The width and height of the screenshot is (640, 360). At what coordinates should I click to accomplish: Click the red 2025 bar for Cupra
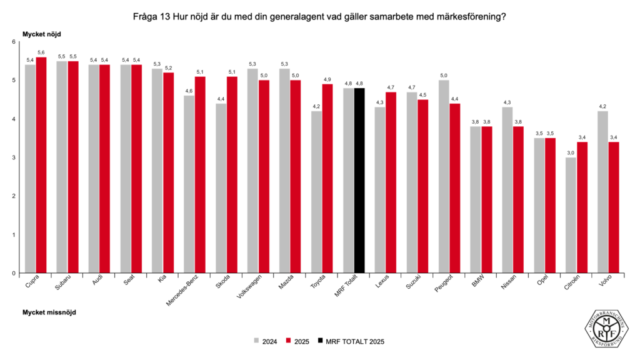coord(41,165)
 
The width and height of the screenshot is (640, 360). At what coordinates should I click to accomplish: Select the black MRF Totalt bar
coord(359,181)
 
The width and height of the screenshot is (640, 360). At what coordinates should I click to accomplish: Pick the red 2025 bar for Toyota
coord(327,179)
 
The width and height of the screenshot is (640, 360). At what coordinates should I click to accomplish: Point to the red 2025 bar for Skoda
coord(232,175)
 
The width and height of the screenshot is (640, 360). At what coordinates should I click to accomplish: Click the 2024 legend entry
coord(266,341)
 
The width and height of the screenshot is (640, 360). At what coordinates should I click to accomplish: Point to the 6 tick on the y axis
coord(12,42)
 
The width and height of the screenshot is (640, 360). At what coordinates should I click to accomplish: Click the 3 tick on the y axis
coord(12,157)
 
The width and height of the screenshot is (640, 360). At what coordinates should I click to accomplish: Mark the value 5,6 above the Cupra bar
coord(41,52)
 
